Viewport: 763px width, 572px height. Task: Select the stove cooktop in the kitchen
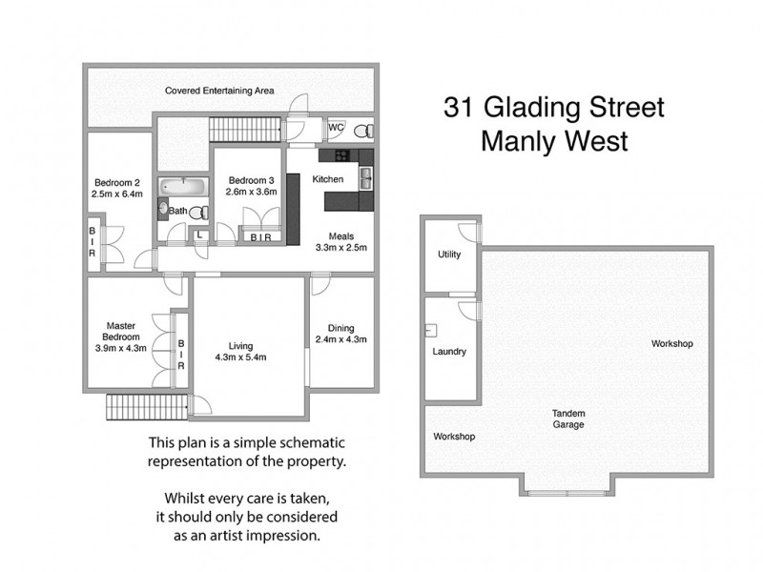click(x=336, y=155)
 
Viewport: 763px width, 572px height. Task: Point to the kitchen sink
click(x=364, y=174)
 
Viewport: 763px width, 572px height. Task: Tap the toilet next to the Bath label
click(x=197, y=212)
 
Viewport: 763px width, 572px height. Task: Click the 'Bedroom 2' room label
click(x=117, y=183)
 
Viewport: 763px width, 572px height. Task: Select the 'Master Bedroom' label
click(x=124, y=331)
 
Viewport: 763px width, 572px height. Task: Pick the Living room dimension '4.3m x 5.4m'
click(x=239, y=357)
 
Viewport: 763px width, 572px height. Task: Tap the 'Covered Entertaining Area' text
click(x=219, y=91)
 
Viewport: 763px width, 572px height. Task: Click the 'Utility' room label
click(x=449, y=255)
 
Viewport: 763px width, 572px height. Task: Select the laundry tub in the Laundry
click(x=430, y=330)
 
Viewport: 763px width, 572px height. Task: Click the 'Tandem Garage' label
click(x=568, y=419)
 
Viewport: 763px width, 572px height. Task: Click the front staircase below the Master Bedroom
click(x=145, y=406)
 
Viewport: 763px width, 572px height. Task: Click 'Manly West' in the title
click(x=554, y=141)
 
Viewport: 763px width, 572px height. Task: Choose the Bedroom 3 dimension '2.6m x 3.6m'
click(x=251, y=192)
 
